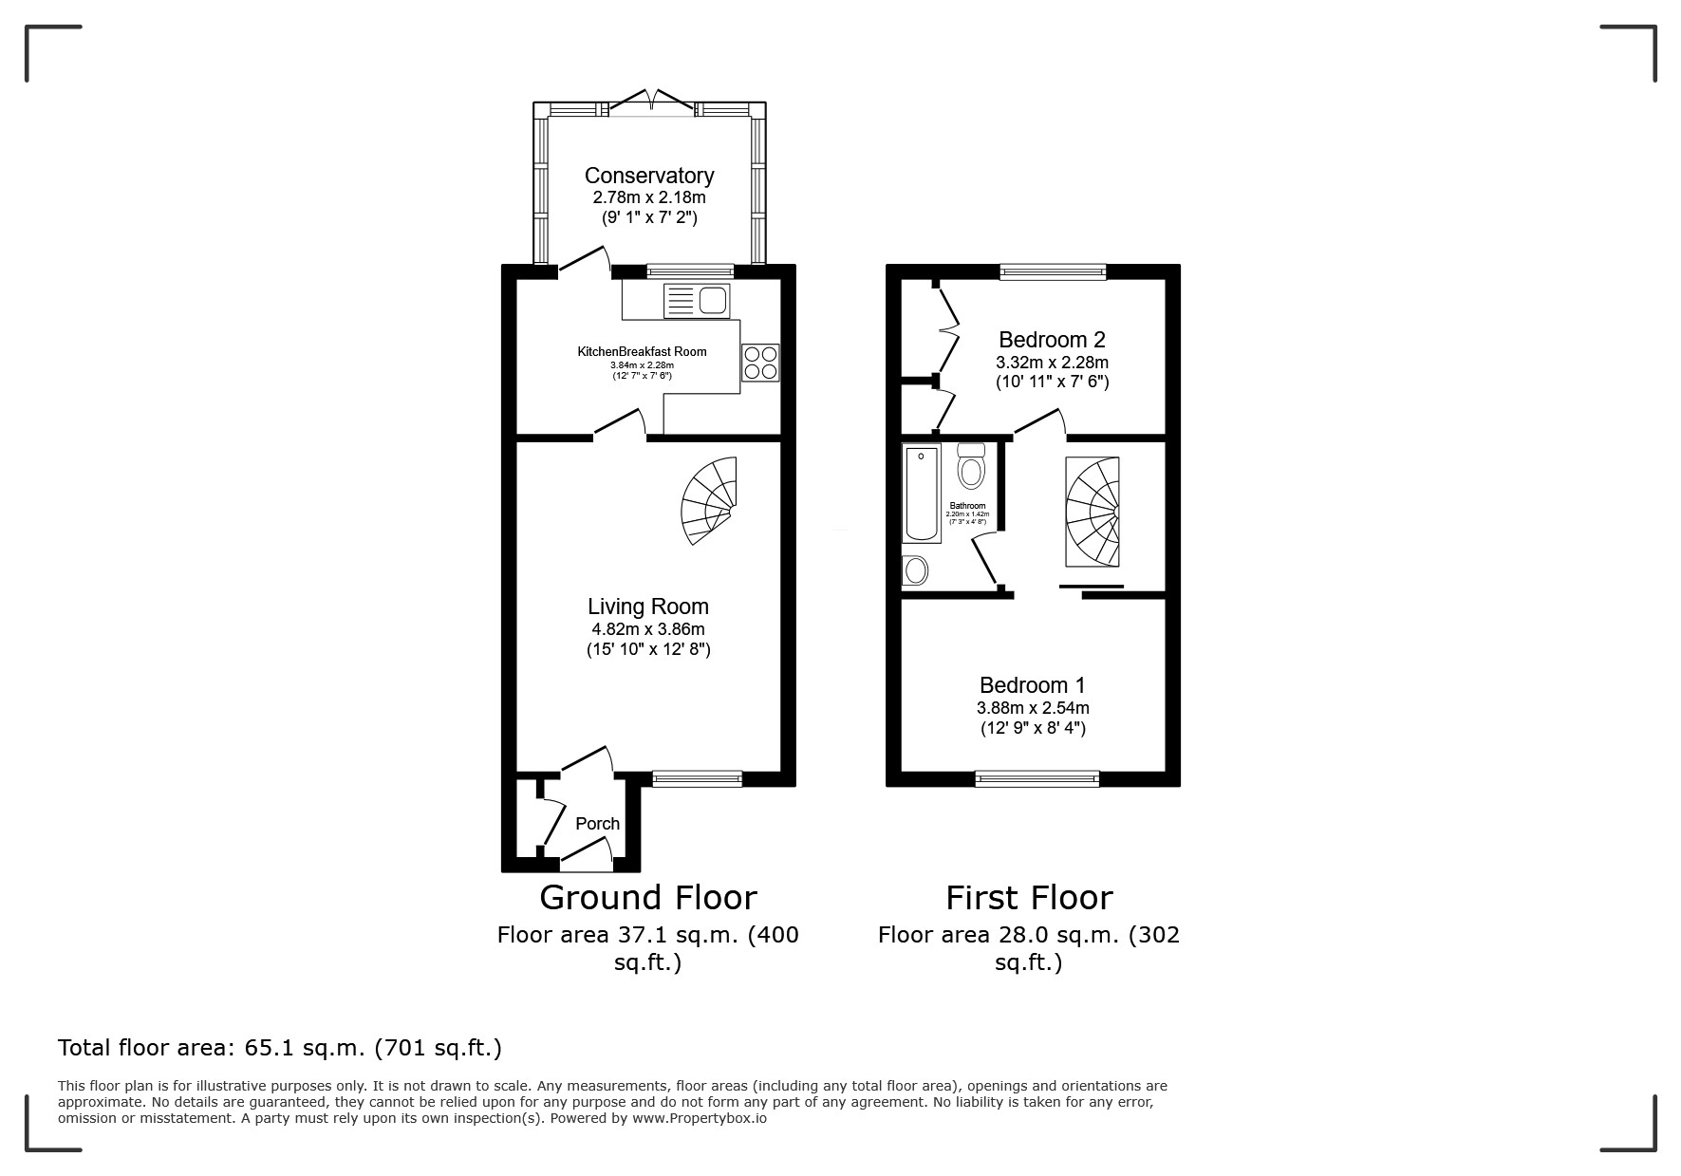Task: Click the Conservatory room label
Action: (x=648, y=176)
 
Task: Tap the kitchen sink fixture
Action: (x=699, y=301)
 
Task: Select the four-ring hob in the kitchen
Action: (x=760, y=363)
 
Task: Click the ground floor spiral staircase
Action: (x=711, y=500)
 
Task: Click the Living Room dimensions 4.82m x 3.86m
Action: (x=648, y=629)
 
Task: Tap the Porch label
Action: (x=597, y=824)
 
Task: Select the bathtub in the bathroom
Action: (x=921, y=494)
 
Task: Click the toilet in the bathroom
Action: (x=971, y=466)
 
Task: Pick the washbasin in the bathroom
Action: (x=915, y=569)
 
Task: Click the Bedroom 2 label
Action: (x=1052, y=340)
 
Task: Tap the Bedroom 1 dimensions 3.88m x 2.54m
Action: (x=1033, y=708)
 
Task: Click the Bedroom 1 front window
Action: (x=1037, y=779)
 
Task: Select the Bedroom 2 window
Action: (x=1053, y=272)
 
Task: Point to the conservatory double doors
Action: (x=651, y=103)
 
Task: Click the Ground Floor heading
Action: (x=648, y=898)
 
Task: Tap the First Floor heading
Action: (x=1029, y=898)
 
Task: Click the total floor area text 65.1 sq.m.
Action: (x=279, y=1049)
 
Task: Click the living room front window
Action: (x=697, y=779)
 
